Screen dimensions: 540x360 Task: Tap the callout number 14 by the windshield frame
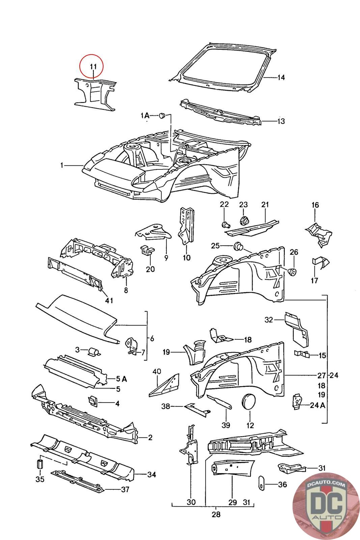click(x=281, y=78)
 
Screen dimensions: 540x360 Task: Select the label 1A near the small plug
click(x=145, y=116)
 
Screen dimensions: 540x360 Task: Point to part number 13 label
click(x=281, y=121)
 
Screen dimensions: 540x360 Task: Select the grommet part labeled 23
click(x=244, y=221)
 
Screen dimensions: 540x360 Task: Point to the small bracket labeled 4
click(x=92, y=401)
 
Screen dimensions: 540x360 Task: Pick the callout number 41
click(x=109, y=300)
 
